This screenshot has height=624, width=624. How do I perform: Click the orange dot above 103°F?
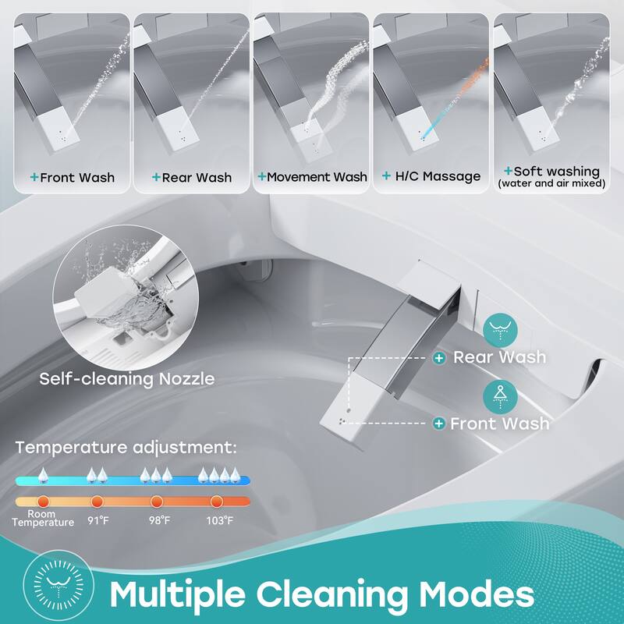217,502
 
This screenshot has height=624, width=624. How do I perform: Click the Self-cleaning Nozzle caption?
128,380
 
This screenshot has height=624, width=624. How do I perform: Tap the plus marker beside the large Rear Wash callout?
440,357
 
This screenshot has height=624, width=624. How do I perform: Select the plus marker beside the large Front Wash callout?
440,424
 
